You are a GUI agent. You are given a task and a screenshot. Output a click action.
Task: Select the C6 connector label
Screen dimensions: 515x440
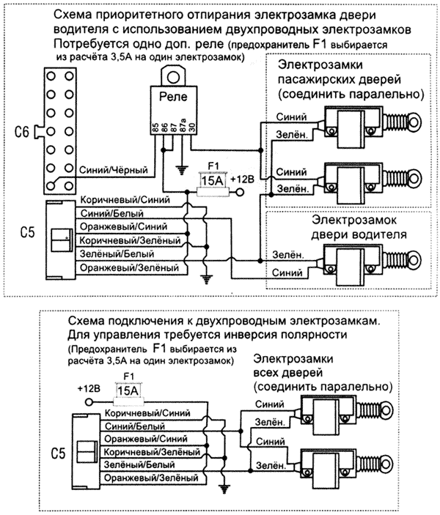pyautogui.click(x=23, y=132)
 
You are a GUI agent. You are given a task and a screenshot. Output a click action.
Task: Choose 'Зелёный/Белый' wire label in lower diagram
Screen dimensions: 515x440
pyautogui.click(x=134, y=464)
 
